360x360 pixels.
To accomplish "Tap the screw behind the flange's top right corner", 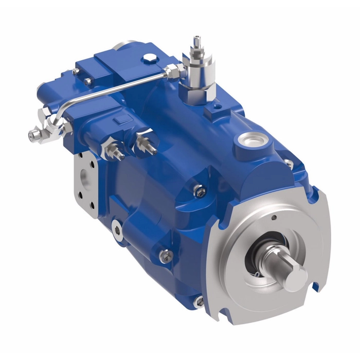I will pyautogui.click(x=289, y=163).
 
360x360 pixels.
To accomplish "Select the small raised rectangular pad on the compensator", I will pyautogui.click(x=121, y=121).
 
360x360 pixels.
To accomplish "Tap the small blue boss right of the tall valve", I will pyautogui.click(x=213, y=110).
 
